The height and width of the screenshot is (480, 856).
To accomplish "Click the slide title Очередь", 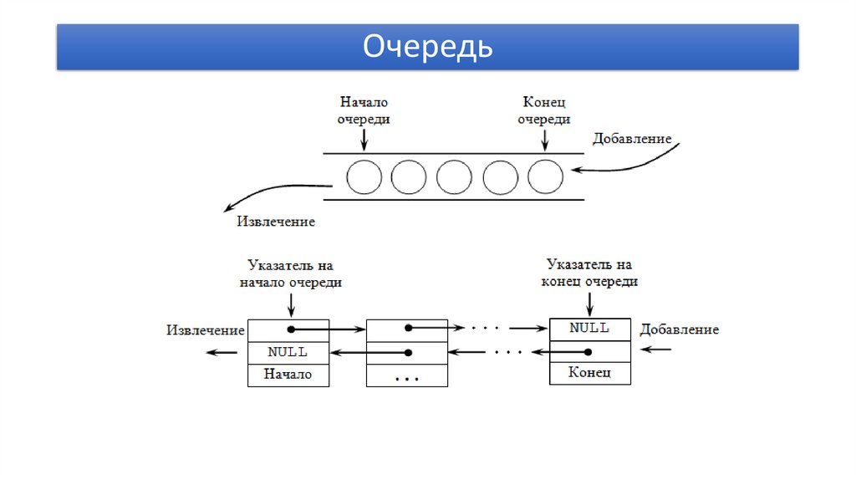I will click(427, 47).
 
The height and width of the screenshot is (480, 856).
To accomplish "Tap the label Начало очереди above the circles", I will click(364, 110).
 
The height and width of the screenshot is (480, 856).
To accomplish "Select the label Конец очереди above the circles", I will click(544, 110).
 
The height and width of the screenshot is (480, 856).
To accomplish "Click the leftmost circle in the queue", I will click(364, 176).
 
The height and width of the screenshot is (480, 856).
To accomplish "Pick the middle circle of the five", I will click(454, 176).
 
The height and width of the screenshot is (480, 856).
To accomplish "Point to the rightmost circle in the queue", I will click(545, 176).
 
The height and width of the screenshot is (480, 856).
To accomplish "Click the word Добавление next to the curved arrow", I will click(632, 139).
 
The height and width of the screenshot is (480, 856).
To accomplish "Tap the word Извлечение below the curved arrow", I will click(276, 222).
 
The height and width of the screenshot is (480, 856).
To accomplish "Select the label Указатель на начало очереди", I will click(290, 274).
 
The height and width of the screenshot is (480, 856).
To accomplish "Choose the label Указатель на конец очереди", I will click(589, 273).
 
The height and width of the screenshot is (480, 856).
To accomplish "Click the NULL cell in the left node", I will click(288, 352).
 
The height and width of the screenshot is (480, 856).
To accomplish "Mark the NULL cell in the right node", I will click(589, 328).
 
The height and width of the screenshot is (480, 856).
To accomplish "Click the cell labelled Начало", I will click(288, 375).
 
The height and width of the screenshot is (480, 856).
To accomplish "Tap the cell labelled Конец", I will click(589, 372).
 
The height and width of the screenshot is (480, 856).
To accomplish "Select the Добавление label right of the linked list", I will click(679, 329).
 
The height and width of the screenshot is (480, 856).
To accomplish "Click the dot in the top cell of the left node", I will click(290, 329).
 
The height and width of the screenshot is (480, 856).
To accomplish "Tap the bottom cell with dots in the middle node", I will click(407, 375).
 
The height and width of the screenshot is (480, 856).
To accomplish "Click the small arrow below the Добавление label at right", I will click(660, 349).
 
